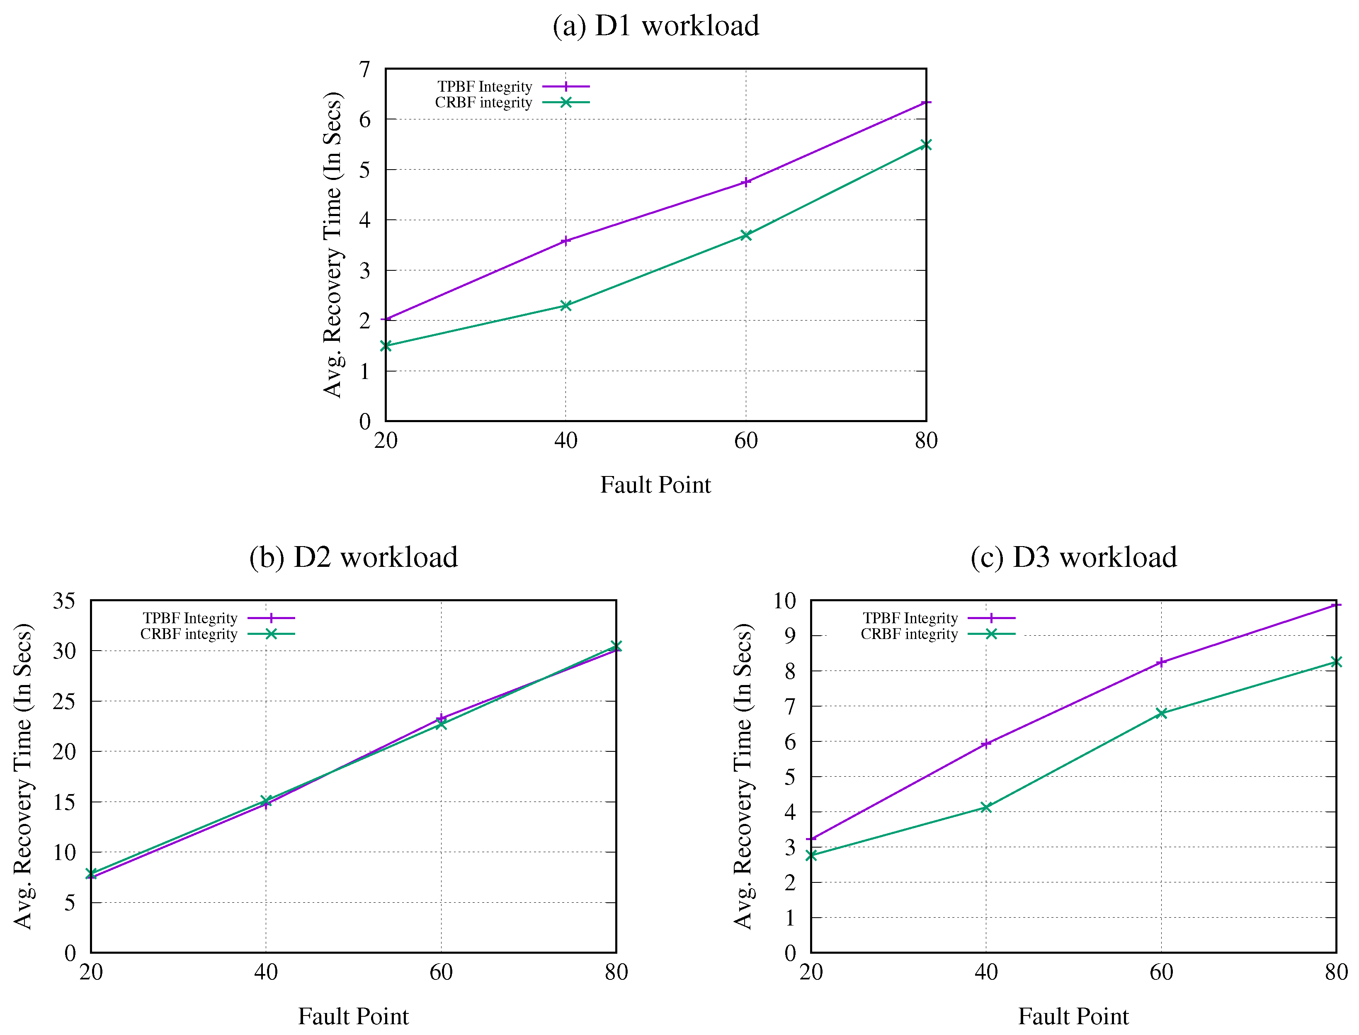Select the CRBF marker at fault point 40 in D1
click(x=565, y=306)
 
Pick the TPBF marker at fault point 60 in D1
click(x=746, y=182)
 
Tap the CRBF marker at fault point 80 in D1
click(x=925, y=145)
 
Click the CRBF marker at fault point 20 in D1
click(x=386, y=345)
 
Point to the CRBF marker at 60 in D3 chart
click(x=1161, y=713)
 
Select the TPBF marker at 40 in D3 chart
click(x=986, y=743)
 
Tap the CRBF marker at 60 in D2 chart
click(x=441, y=724)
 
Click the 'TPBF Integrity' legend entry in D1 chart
click(x=485, y=87)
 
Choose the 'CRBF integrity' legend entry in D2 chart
click(x=189, y=634)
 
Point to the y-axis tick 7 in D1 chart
click(x=365, y=69)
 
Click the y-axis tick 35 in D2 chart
click(x=64, y=601)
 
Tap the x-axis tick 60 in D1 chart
click(x=746, y=440)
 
